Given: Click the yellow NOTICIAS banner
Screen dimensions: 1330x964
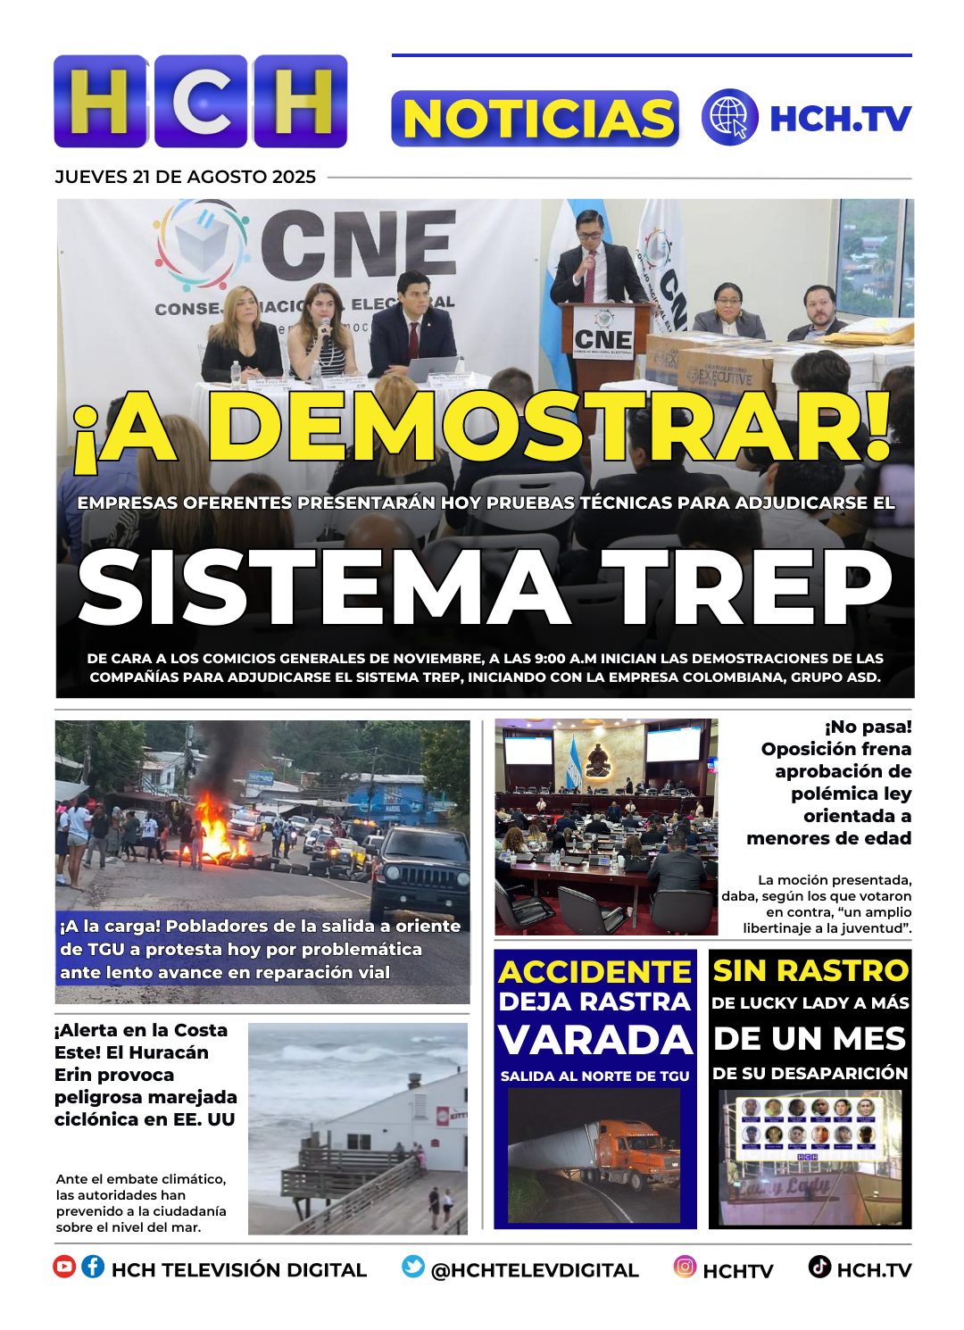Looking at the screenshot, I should point(535,119).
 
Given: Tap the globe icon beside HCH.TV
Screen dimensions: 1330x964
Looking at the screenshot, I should point(729,117).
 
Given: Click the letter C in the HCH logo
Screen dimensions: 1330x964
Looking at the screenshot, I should point(201,102).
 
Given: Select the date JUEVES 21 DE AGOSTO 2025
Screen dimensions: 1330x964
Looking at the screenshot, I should point(186,177).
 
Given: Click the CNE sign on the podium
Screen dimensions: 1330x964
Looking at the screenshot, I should point(602,339).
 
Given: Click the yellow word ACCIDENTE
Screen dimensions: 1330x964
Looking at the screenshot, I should point(595,971).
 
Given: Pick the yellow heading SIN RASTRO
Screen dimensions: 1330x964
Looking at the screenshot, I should point(810,970).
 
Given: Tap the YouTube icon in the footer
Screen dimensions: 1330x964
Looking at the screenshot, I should point(64,1267).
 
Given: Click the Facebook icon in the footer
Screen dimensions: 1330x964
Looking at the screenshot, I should point(93,1267).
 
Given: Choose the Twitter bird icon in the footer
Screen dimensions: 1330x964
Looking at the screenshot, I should point(412,1267).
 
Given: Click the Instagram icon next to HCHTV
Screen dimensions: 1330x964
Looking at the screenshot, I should point(685,1267).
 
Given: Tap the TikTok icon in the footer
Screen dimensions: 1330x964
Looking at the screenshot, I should point(819,1267).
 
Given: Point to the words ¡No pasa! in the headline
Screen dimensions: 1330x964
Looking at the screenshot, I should point(868,727).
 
